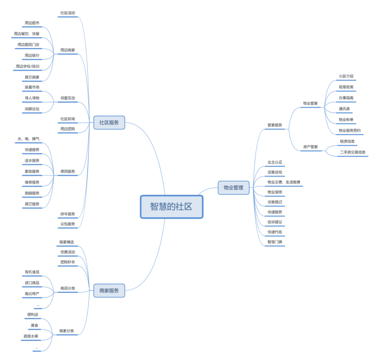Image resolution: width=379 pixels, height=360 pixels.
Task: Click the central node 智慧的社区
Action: click(x=171, y=207)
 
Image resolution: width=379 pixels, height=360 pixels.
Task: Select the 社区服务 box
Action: click(x=109, y=123)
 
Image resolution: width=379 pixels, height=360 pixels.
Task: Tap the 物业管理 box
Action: click(x=233, y=187)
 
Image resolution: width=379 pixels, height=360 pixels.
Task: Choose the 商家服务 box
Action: click(x=109, y=291)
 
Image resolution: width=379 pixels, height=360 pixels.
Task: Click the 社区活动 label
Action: click(x=68, y=13)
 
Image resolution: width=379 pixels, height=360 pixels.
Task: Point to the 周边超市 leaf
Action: click(x=32, y=23)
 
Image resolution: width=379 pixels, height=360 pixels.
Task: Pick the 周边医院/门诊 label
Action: click(x=28, y=44)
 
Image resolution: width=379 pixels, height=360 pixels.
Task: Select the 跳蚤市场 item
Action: click(x=32, y=87)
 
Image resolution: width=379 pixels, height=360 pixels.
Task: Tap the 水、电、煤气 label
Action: click(x=28, y=139)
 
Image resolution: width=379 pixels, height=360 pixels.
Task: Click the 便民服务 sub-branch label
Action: click(x=68, y=171)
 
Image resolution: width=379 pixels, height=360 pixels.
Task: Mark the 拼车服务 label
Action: click(x=68, y=213)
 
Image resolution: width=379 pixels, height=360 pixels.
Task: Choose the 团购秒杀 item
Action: click(x=68, y=262)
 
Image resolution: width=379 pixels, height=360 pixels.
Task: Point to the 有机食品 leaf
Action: click(x=32, y=272)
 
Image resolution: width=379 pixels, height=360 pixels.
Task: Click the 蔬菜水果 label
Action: click(x=31, y=336)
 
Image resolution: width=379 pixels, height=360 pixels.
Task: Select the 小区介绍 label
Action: click(x=346, y=76)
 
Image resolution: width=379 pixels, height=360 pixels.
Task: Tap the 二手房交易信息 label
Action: click(x=352, y=152)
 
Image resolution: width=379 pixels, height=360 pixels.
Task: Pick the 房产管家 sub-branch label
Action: click(x=311, y=147)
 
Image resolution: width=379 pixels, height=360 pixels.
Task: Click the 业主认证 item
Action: click(x=275, y=162)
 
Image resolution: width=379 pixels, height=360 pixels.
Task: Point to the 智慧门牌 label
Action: click(x=275, y=242)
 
